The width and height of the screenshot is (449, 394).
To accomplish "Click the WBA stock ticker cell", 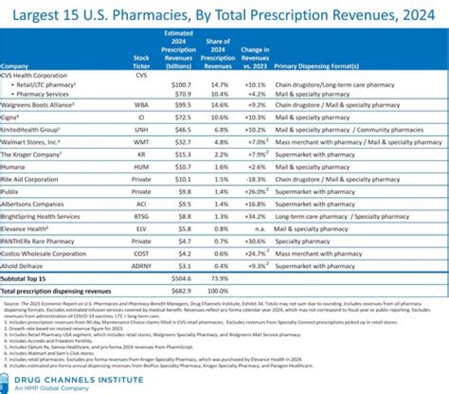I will pos(142,105).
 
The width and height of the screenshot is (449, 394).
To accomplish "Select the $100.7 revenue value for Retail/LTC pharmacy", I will pos(180,84).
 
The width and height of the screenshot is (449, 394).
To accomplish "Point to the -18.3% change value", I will pos(256,180).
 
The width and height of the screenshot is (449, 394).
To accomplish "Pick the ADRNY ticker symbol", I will pos(142,266).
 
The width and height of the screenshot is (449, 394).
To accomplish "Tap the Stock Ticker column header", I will pos(142,62).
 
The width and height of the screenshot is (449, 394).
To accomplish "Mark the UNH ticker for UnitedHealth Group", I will pos(142,130).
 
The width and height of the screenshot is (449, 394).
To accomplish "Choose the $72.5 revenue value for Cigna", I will pos(180,117).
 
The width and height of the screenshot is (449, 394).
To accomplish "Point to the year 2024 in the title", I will pos(412,16).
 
